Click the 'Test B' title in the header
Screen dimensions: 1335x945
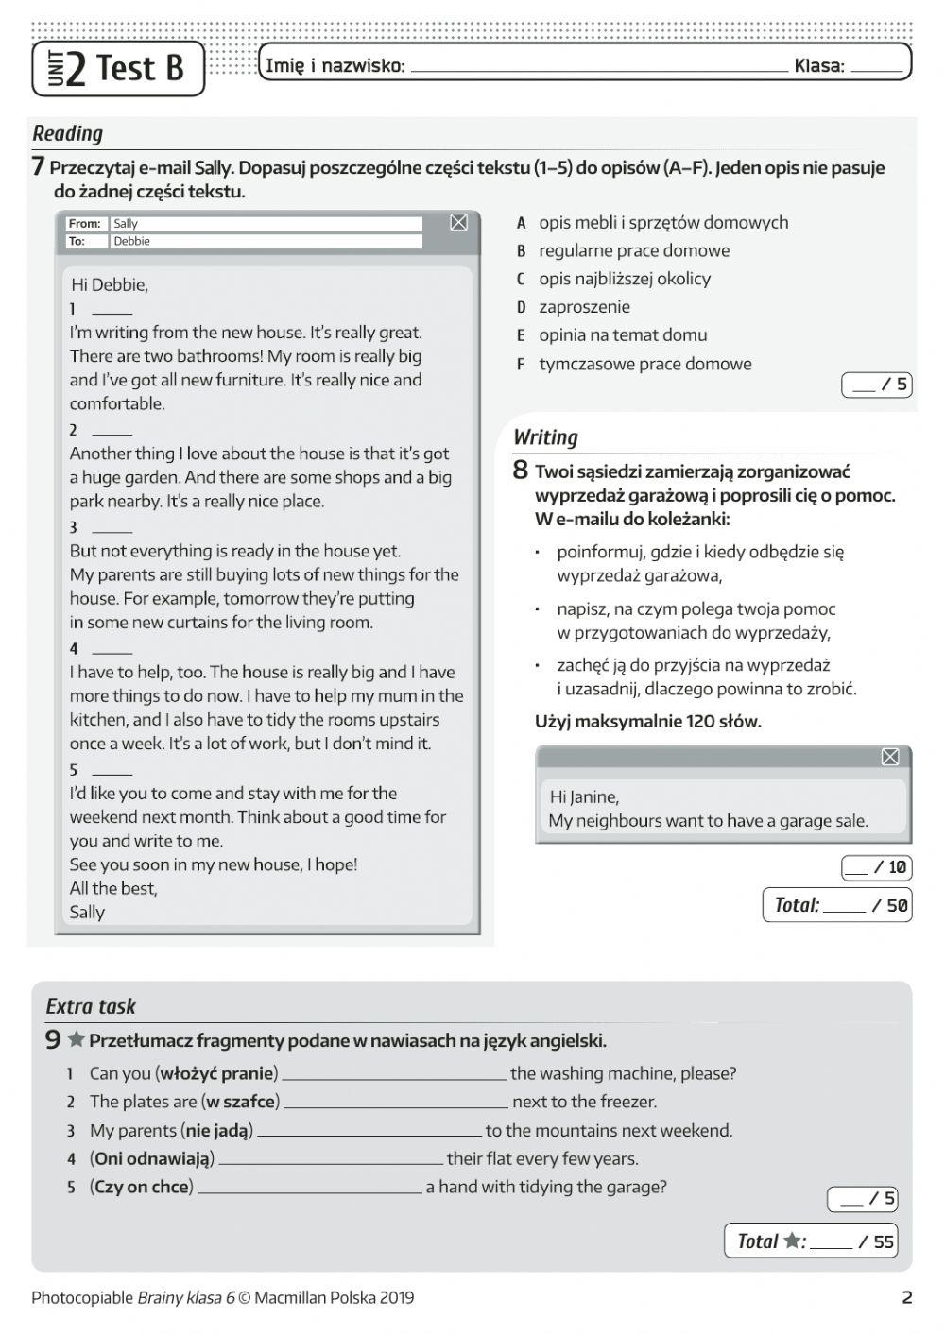point(139,69)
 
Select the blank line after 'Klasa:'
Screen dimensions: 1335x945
point(876,67)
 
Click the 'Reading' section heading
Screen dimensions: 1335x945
point(67,133)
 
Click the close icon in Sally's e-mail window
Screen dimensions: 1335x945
point(458,222)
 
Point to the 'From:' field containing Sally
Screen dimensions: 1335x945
point(266,224)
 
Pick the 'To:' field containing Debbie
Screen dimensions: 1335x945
point(266,242)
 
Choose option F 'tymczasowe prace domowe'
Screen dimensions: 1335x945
point(644,364)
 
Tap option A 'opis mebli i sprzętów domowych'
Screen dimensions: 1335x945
point(662,223)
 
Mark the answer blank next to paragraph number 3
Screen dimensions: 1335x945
point(112,528)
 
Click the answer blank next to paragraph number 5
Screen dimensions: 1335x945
point(112,771)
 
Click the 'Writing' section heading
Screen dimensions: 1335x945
point(545,437)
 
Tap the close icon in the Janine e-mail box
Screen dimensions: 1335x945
point(889,757)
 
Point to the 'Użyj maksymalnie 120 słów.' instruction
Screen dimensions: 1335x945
point(647,722)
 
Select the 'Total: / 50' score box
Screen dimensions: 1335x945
point(836,905)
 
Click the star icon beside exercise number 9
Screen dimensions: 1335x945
point(77,1040)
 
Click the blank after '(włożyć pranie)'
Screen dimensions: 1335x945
point(394,1074)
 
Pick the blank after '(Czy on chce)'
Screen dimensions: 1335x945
point(309,1188)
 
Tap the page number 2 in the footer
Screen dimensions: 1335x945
point(906,1297)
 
